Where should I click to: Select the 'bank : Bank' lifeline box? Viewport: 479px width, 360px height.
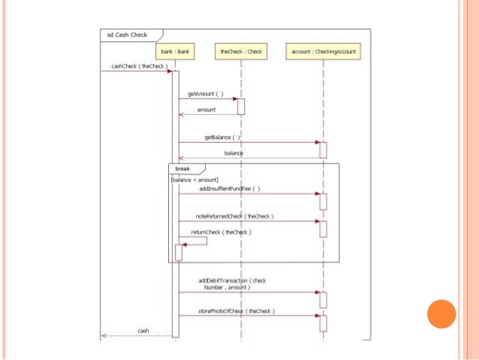pyautogui.click(x=174, y=52)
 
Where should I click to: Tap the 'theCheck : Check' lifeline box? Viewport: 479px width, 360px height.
pyautogui.click(x=241, y=52)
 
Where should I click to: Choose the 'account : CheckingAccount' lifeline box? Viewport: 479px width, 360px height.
pyautogui.click(x=324, y=52)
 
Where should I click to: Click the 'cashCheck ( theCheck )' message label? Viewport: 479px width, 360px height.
pyautogui.click(x=138, y=66)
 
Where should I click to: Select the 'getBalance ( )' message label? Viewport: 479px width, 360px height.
pyautogui.click(x=222, y=138)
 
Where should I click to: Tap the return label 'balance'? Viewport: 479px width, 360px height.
pyautogui.click(x=233, y=153)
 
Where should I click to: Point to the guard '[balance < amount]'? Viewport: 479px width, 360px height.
pyautogui.click(x=194, y=180)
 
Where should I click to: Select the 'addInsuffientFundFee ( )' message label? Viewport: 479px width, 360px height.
pyautogui.click(x=230, y=189)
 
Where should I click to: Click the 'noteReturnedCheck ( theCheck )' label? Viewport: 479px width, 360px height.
pyautogui.click(x=234, y=216)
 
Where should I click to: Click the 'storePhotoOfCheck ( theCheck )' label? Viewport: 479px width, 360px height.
pyautogui.click(x=236, y=310)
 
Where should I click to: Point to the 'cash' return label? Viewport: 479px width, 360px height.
pyautogui.click(x=143, y=331)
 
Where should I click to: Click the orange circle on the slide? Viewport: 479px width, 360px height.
pyautogui.click(x=441, y=313)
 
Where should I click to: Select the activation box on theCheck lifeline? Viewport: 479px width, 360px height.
pyautogui.click(x=241, y=106)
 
